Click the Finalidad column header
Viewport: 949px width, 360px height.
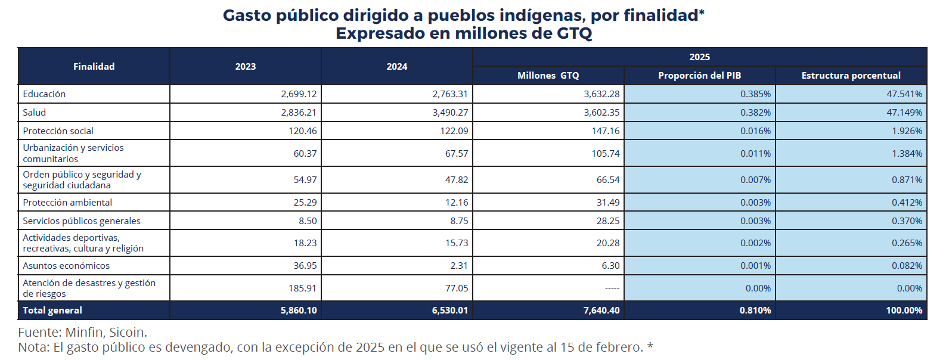[94, 67]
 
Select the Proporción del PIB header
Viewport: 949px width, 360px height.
[699, 76]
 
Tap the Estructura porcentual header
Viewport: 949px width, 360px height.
[851, 76]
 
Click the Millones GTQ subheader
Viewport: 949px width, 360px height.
[548, 76]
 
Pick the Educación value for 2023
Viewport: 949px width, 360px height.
[299, 94]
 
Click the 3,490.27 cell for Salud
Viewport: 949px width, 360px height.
[450, 113]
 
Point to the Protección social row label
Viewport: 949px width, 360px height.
[58, 131]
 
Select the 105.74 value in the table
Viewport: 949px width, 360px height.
[605, 154]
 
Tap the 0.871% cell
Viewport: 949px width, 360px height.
[907, 180]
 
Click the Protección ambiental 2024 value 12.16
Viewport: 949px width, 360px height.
[456, 203]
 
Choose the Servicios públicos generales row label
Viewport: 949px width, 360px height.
[82, 221]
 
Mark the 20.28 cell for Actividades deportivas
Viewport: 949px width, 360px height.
[607, 243]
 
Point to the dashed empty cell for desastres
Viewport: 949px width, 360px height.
[612, 288]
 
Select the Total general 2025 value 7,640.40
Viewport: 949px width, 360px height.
[601, 311]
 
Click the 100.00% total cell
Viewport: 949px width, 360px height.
[904, 311]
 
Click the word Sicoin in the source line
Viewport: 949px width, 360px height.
[127, 333]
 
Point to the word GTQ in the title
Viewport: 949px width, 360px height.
[574, 33]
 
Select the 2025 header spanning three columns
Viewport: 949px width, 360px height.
[699, 57]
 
